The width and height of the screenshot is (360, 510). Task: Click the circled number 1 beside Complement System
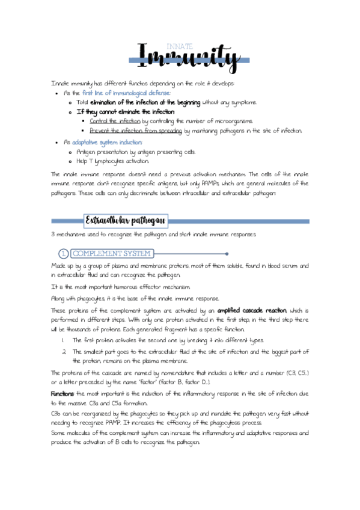tap(63, 254)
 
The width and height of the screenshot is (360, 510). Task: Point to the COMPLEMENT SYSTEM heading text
tap(112, 254)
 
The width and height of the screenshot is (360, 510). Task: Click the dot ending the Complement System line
tap(227, 254)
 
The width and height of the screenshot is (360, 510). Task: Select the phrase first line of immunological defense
tap(126, 93)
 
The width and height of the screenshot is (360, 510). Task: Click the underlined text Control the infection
tap(115, 121)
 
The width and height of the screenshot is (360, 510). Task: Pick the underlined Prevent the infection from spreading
tap(136, 131)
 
